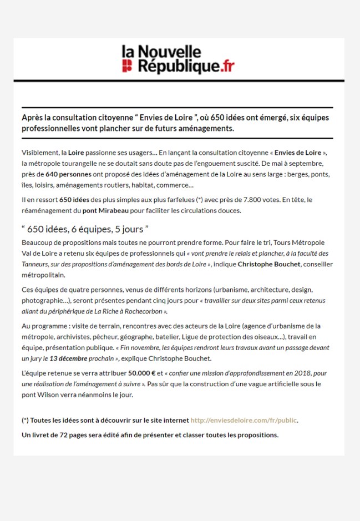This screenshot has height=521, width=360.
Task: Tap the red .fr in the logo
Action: coord(226,67)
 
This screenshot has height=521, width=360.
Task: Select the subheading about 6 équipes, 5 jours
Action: coord(85,229)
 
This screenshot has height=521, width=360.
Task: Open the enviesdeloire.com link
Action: coord(244,420)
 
